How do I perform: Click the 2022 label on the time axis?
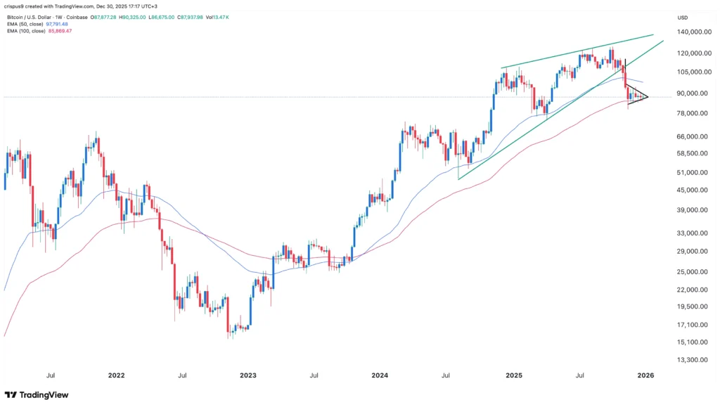[116, 375]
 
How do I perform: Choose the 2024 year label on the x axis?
[380, 375]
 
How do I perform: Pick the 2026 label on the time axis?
[645, 375]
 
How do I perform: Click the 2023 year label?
[248, 375]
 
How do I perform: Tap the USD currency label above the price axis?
[683, 17]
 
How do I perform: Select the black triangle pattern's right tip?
[648, 97]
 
